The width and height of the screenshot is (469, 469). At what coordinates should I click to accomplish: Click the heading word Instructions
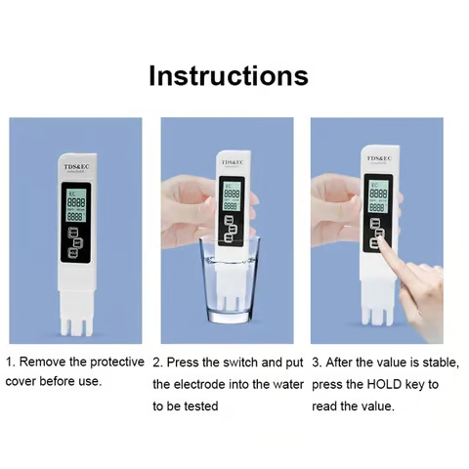228,76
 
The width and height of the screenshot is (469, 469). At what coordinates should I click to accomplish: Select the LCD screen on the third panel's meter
378,195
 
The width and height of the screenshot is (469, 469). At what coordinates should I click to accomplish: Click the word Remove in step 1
43,362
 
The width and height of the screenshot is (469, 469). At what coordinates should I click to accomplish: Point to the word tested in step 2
199,405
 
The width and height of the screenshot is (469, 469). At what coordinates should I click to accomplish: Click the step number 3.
317,362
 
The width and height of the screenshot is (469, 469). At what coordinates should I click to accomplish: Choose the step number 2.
157,362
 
